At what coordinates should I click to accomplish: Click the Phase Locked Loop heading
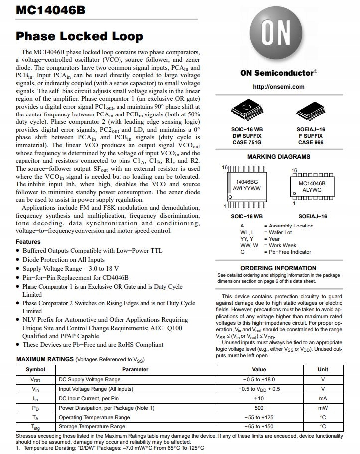click(x=80, y=36)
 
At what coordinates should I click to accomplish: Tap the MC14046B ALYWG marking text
click(x=312, y=186)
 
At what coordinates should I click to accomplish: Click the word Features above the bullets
click(x=28, y=242)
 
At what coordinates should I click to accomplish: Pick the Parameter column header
click(x=135, y=370)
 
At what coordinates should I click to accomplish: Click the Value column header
click(x=259, y=370)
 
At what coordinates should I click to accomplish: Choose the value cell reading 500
click(x=259, y=408)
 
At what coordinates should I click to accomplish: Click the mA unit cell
click(x=323, y=398)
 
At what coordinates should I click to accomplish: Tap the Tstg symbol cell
click(x=35, y=427)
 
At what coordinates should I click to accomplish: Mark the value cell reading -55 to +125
click(x=259, y=417)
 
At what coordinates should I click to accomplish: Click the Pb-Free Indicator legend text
click(x=287, y=252)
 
